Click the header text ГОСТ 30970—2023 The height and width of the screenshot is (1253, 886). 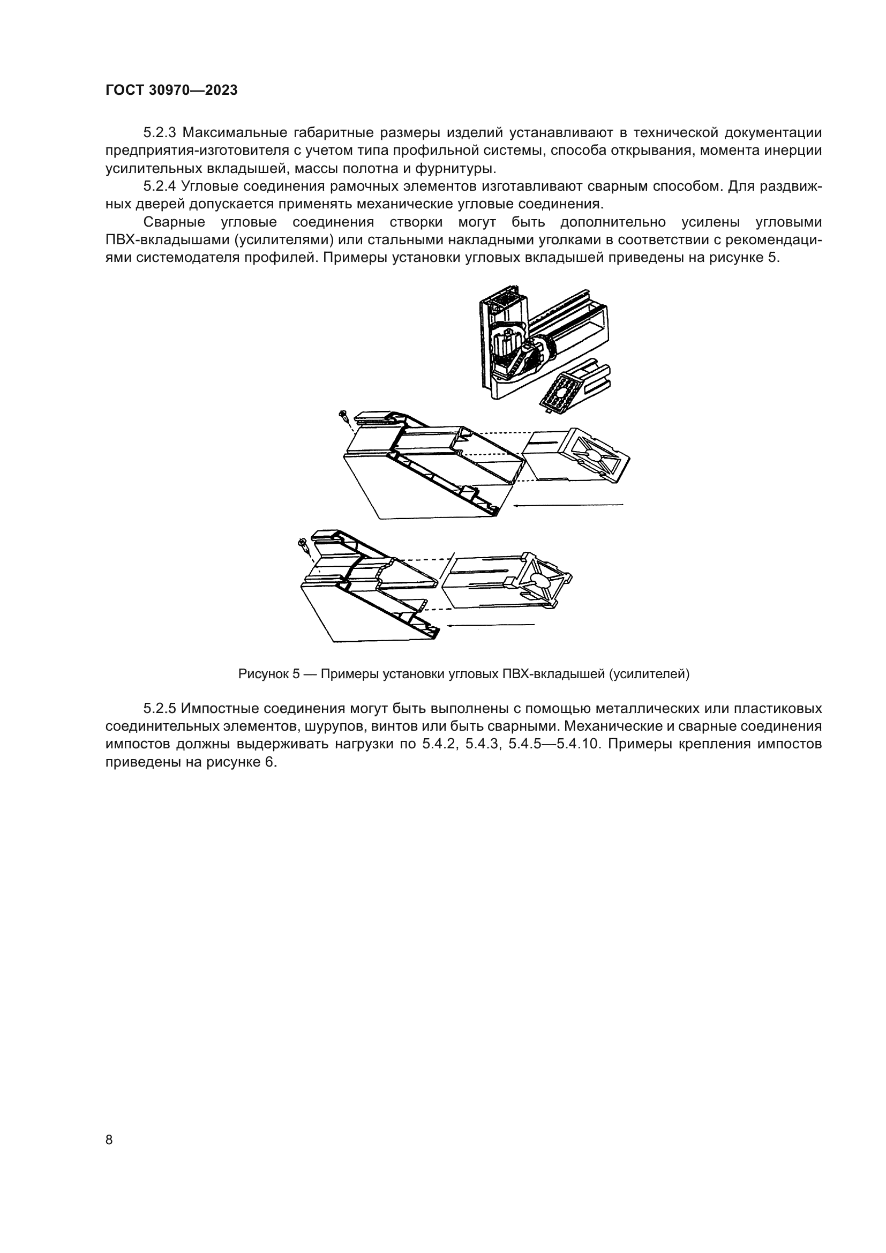(171, 91)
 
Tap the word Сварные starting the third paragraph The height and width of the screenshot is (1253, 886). (174, 222)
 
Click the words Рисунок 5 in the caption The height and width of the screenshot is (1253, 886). (269, 674)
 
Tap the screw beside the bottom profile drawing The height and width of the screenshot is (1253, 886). (303, 544)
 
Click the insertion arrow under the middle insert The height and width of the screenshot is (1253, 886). (567, 505)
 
